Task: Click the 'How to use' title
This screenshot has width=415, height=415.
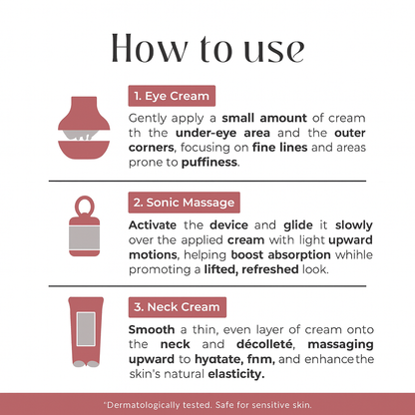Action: pyautogui.click(x=207, y=49)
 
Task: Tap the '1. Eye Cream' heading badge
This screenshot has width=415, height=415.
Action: pyautogui.click(x=172, y=96)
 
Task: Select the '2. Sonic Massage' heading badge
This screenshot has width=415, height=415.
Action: pyautogui.click(x=185, y=203)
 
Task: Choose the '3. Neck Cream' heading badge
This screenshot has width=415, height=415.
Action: pyautogui.click(x=178, y=307)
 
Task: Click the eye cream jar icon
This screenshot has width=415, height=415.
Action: pyautogui.click(x=84, y=128)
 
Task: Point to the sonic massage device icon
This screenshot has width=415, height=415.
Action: pyautogui.click(x=84, y=226)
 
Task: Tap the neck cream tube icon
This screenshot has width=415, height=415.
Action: pyautogui.click(x=86, y=332)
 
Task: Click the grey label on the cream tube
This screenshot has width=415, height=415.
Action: pyautogui.click(x=86, y=329)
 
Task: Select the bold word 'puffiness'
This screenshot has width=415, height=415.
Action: pyautogui.click(x=209, y=163)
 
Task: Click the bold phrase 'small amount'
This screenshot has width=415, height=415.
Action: pyautogui.click(x=264, y=118)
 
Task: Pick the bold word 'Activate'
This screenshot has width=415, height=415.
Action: pyautogui.click(x=153, y=225)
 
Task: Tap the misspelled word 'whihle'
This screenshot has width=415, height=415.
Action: pyautogui.click(x=354, y=254)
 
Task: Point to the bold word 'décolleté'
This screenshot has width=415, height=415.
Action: pyautogui.click(x=264, y=344)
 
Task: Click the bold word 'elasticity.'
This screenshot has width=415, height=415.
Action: pyautogui.click(x=236, y=374)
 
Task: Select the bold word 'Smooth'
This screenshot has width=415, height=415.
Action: pyautogui.click(x=152, y=329)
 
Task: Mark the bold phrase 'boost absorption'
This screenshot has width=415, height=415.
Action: pyautogui.click(x=280, y=255)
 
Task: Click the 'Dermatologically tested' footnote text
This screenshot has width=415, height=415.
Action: pyautogui.click(x=207, y=405)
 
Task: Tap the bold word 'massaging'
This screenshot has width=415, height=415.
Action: pyautogui.click(x=340, y=345)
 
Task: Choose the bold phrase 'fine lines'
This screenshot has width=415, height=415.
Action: pyautogui.click(x=279, y=148)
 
